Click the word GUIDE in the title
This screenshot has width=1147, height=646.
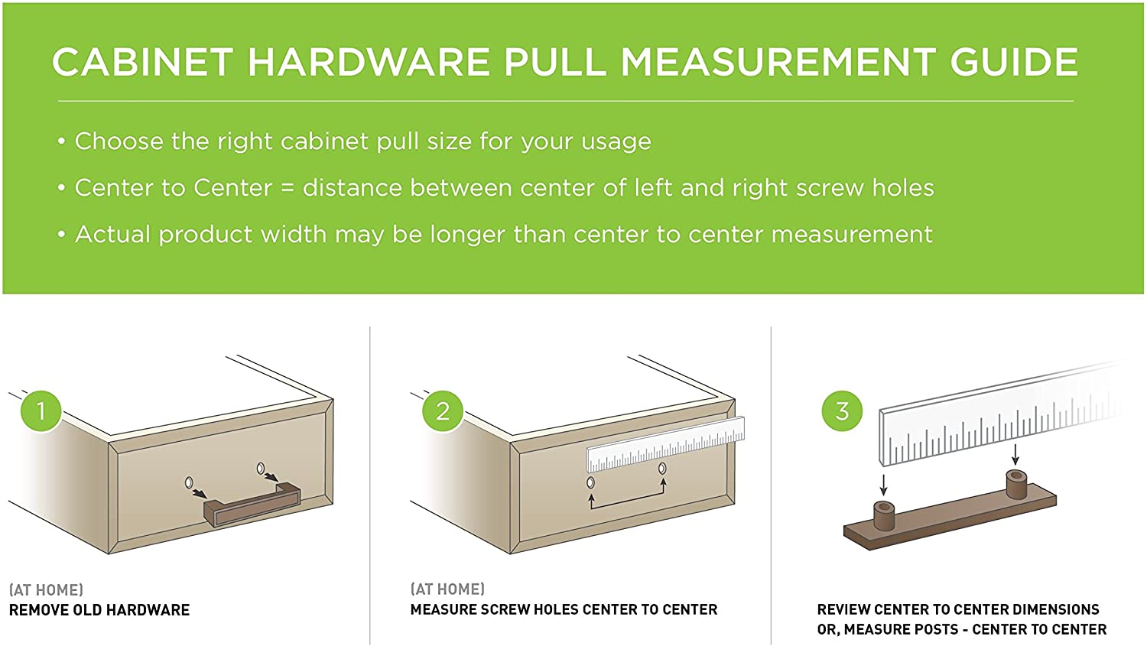[1015, 62]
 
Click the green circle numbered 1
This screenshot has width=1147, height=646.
[41, 411]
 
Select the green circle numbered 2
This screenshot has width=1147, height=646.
[443, 411]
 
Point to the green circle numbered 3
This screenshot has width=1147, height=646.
[843, 411]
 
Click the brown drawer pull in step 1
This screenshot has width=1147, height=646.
[252, 505]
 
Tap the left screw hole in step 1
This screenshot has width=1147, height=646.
[189, 482]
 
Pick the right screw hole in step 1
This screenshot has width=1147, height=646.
[261, 469]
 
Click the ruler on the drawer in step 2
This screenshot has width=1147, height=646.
[666, 444]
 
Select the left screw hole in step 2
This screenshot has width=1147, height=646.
[590, 482]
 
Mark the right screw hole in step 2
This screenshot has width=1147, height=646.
[662, 469]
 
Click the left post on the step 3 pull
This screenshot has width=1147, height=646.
[884, 516]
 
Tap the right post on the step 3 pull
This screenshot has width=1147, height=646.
[1016, 484]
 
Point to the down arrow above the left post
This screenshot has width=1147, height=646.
[883, 485]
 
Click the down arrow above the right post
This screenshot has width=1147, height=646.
[1015, 453]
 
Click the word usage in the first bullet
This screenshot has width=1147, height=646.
[612, 141]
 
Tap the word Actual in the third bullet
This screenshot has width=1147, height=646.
[113, 235]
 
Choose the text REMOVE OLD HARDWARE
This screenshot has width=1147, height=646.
[99, 610]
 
